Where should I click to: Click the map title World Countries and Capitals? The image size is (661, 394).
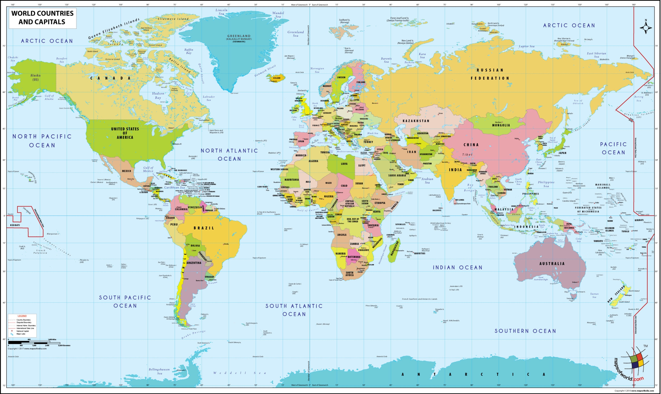pos(42,18)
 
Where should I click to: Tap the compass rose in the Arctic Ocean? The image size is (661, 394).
pos(646,28)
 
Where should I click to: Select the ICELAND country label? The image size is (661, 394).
pos(277,78)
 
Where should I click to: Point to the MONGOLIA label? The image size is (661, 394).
pos(501,125)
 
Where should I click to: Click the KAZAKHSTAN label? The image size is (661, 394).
pos(416,121)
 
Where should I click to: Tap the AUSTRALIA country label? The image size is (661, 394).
pos(552,264)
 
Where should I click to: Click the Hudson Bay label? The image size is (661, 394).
pos(158,96)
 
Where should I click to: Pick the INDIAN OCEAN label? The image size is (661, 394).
pos(457,268)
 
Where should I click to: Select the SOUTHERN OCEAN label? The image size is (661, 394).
pos(525,331)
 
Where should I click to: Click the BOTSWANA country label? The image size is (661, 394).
pos(354,257)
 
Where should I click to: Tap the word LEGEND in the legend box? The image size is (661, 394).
pos(22,316)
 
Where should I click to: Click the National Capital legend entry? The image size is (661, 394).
pos(22,331)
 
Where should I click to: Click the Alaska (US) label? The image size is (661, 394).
pos(35,77)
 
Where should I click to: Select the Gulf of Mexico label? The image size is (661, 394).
pos(148,169)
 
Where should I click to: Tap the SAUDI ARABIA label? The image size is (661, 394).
pos(397,175)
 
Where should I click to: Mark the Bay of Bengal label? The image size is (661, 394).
pos(470,188)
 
